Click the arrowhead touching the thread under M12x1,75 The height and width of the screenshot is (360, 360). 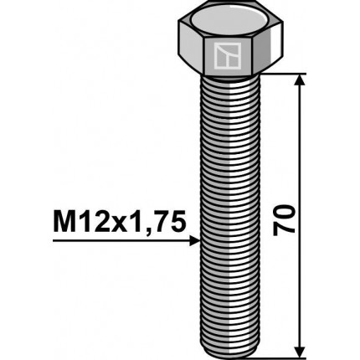coord(195,240)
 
